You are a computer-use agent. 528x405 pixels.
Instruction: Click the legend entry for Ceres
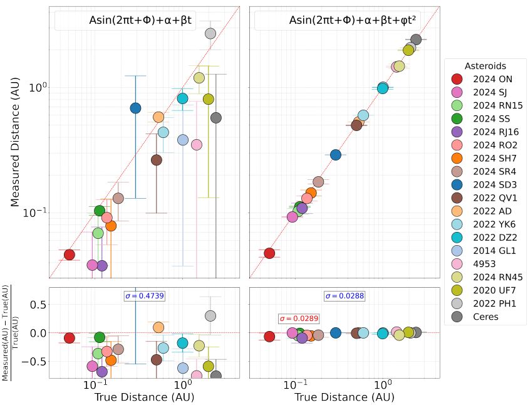486,317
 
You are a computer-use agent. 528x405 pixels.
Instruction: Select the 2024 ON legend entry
486,79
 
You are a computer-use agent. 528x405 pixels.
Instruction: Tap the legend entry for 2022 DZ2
486,237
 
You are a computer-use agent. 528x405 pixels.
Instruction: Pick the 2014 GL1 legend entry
486,251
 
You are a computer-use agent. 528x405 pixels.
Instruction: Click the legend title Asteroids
485,66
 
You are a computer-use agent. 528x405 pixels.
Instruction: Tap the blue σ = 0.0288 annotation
344,296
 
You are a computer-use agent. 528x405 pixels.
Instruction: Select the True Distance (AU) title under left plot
144,397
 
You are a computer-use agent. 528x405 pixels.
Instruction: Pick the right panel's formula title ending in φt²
352,21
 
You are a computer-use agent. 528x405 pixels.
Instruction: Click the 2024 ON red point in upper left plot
70,255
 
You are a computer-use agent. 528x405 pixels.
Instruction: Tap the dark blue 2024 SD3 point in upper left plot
135,108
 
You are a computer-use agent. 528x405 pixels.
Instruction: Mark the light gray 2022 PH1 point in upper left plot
210,33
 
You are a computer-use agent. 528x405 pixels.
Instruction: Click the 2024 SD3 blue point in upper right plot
336,154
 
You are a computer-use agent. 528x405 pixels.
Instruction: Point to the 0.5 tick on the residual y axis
39,305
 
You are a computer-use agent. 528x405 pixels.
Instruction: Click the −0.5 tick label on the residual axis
36,362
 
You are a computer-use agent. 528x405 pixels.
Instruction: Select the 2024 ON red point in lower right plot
269,337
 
